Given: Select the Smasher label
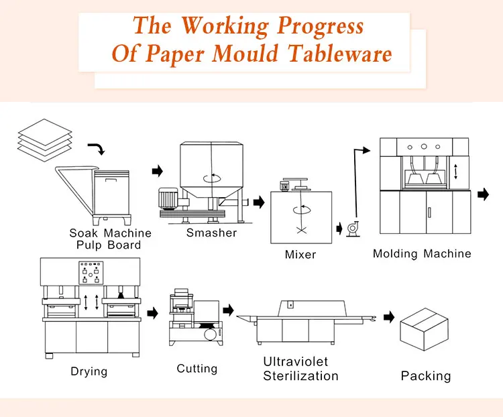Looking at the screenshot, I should [x=211, y=233].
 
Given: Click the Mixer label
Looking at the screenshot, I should [x=300, y=255].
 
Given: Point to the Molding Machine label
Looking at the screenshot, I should [x=422, y=253].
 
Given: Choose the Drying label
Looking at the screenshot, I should [x=89, y=371].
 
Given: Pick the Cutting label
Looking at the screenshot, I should [x=197, y=368].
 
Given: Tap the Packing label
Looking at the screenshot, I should [x=426, y=375].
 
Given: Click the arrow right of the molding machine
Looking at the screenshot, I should [x=483, y=194].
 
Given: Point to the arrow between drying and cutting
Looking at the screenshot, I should [x=153, y=312].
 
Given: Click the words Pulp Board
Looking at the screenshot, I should [x=111, y=245].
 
